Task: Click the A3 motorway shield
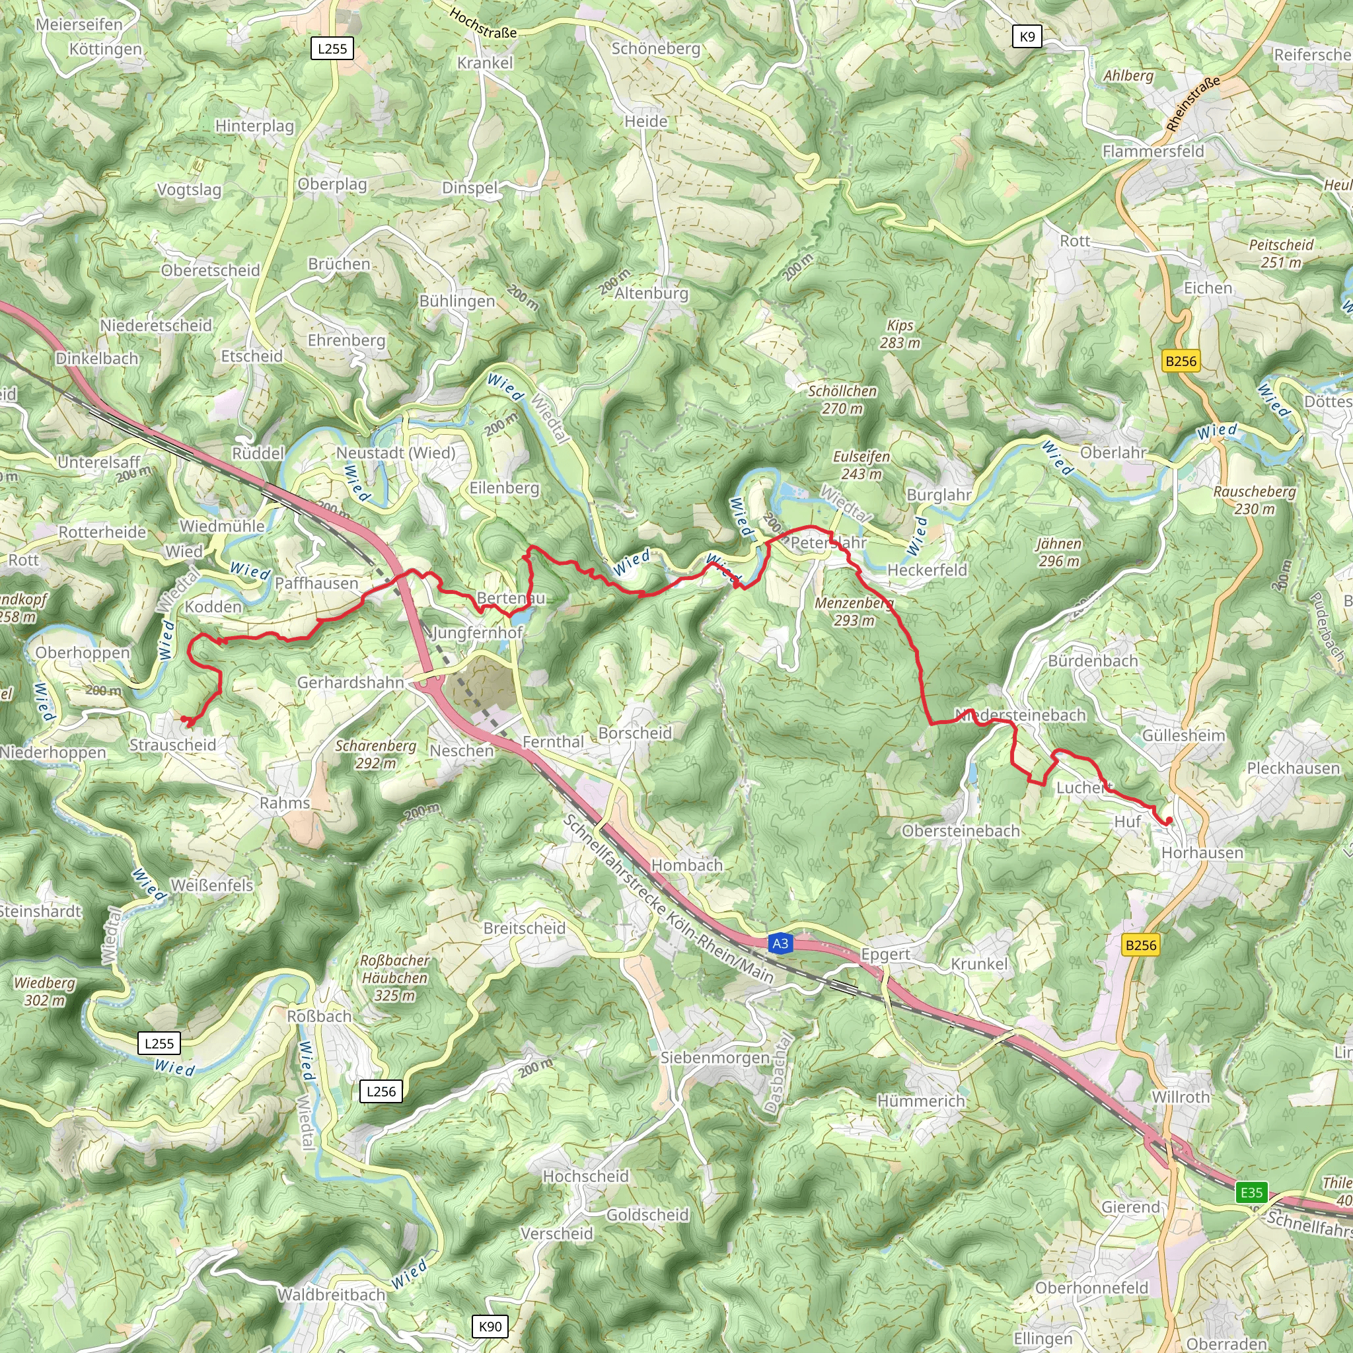[780, 943]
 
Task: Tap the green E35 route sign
[1251, 1192]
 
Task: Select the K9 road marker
[1027, 36]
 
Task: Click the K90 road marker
[490, 1326]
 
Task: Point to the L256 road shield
[381, 1091]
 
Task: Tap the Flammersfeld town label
[1153, 151]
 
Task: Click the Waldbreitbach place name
[331, 1295]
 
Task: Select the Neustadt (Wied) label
[396, 453]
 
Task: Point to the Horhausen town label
[1202, 852]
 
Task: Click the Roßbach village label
[319, 1015]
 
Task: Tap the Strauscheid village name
[173, 745]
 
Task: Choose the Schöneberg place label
[655, 48]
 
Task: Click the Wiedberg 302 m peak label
[45, 991]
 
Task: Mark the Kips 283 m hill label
[900, 334]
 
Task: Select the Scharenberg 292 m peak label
[375, 754]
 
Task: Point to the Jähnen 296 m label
[1059, 552]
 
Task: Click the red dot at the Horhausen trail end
[1168, 821]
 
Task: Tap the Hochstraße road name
[483, 23]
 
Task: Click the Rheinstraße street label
[1193, 104]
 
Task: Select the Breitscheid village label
[525, 928]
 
